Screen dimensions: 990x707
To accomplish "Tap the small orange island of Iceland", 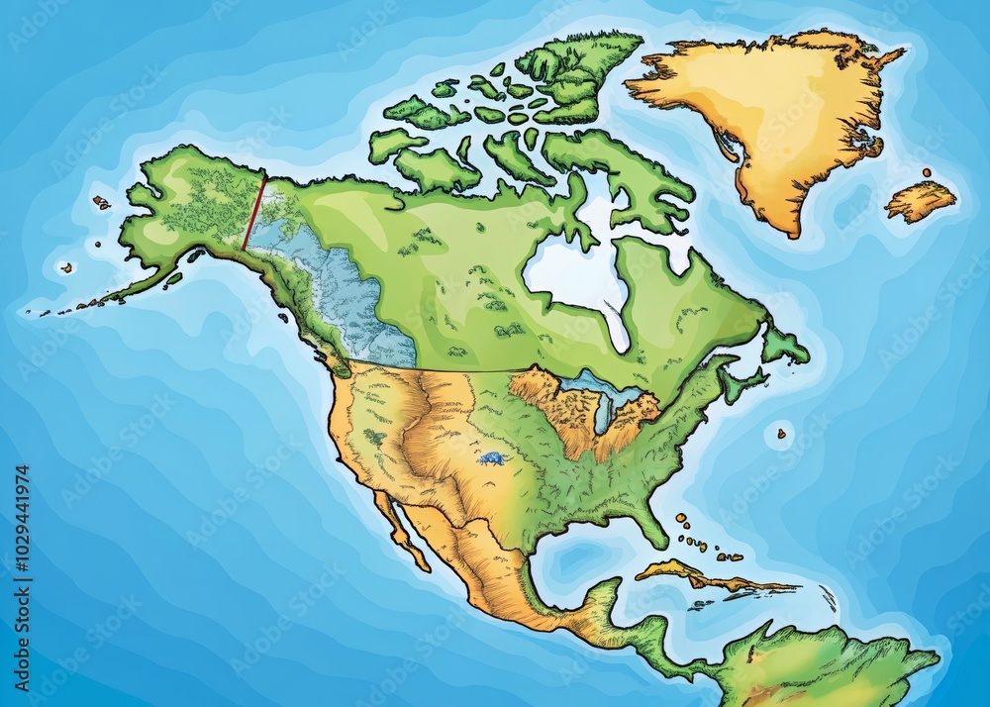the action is click(x=921, y=201).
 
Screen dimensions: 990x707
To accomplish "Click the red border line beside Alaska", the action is click(x=254, y=213).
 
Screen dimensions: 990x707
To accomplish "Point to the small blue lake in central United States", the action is click(x=490, y=458).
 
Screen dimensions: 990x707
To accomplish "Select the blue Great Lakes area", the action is click(x=599, y=391).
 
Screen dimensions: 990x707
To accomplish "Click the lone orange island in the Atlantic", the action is click(x=781, y=433).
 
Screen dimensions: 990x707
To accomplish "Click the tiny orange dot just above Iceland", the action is click(x=927, y=172).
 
